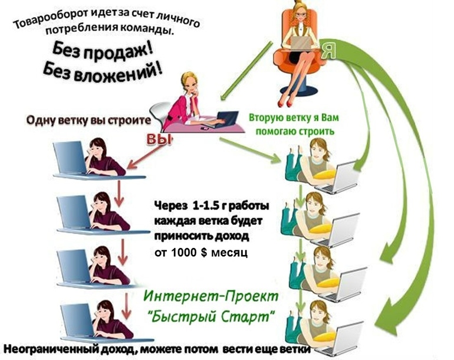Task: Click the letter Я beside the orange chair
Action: pyautogui.click(x=329, y=51)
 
